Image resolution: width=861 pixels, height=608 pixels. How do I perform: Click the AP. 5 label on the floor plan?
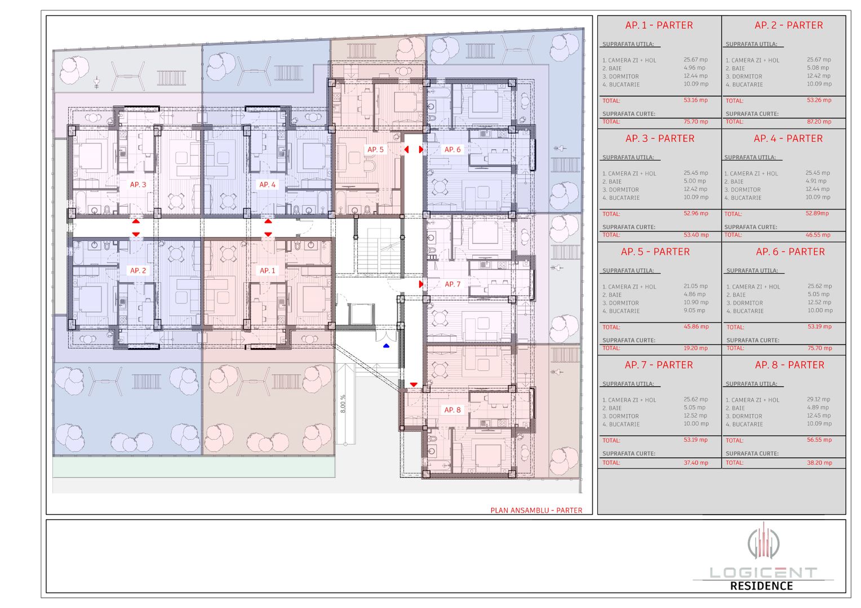(375, 150)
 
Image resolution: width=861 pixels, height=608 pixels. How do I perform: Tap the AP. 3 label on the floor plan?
(138, 185)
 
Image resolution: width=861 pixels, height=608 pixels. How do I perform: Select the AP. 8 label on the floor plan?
(452, 410)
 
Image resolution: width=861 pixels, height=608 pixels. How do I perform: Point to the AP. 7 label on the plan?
(452, 284)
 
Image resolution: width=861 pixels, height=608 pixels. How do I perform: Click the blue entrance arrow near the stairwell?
(386, 346)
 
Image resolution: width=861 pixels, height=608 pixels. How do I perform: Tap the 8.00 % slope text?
(343, 404)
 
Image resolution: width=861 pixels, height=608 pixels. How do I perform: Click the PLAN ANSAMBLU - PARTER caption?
(536, 510)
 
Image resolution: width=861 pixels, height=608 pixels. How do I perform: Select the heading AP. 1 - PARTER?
(659, 25)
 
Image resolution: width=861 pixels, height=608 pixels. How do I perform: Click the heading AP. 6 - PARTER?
(790, 252)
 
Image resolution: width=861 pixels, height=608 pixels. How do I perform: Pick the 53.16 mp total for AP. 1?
(695, 100)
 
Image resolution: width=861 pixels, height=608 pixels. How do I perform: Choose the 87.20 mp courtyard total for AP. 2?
(819, 122)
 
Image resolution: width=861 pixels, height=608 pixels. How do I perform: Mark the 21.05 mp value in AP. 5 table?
(695, 286)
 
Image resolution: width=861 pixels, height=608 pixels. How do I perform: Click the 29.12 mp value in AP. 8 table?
(818, 399)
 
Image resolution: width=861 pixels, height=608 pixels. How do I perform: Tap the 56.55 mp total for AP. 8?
(819, 440)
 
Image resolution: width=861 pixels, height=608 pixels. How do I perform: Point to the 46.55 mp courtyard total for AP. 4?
(818, 235)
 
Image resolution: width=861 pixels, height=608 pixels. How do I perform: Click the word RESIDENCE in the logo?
(761, 586)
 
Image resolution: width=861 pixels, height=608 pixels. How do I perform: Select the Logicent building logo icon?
(763, 542)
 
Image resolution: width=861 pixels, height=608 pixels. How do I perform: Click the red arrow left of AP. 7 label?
(421, 284)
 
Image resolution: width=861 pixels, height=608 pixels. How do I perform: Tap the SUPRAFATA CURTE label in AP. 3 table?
(628, 227)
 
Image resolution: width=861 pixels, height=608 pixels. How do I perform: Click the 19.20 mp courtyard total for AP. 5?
(695, 348)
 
